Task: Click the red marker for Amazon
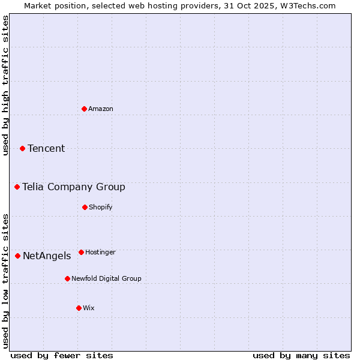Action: (x=84, y=109)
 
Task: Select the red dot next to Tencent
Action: (x=22, y=148)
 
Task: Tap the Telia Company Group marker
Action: (x=17, y=187)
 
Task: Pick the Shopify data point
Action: (x=85, y=207)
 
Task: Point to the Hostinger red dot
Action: (x=81, y=252)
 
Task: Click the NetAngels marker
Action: (x=17, y=256)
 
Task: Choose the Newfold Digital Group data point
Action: (x=67, y=278)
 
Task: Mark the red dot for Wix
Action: (x=79, y=308)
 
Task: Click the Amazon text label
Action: (x=101, y=109)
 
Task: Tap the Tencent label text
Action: (x=46, y=148)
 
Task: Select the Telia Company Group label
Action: (x=74, y=187)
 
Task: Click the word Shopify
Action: (x=101, y=207)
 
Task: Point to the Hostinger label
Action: (x=100, y=252)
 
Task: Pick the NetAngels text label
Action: (x=47, y=256)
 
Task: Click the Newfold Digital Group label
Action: (x=106, y=278)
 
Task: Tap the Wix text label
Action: (x=89, y=308)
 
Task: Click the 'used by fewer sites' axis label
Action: (x=62, y=355)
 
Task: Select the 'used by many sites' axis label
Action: (x=301, y=355)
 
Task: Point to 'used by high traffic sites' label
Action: (x=5, y=85)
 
